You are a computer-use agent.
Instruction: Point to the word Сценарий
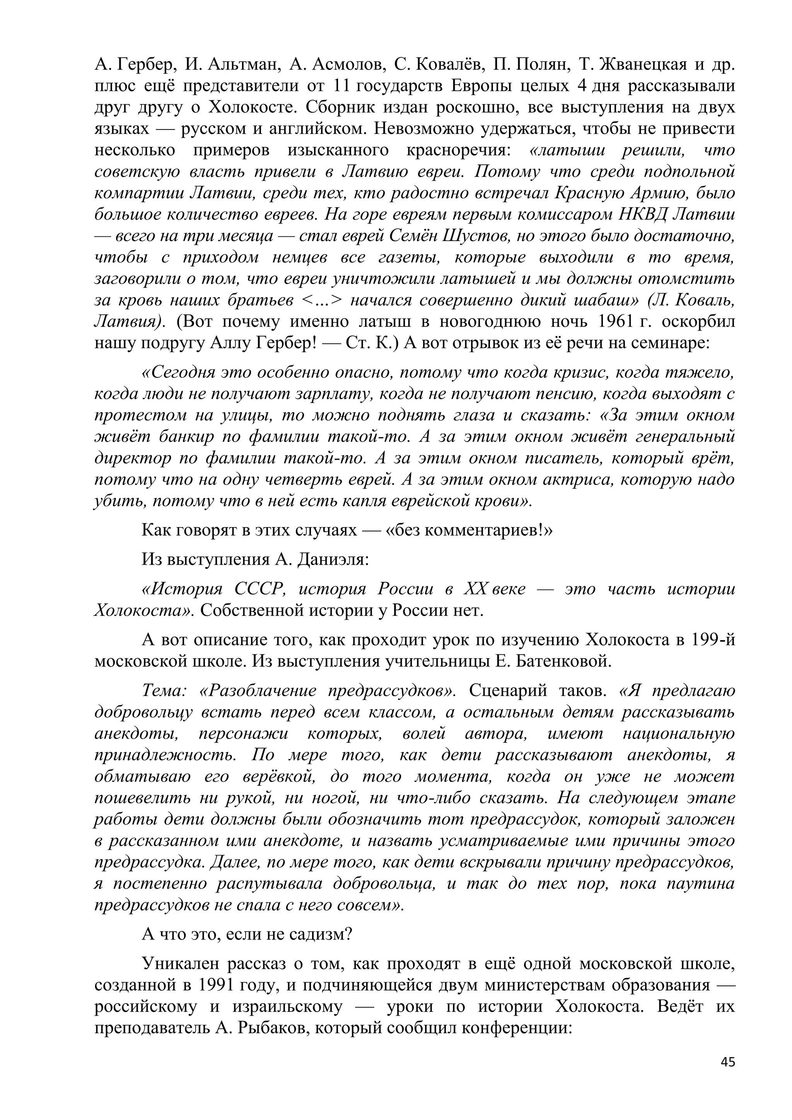click(x=512, y=691)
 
